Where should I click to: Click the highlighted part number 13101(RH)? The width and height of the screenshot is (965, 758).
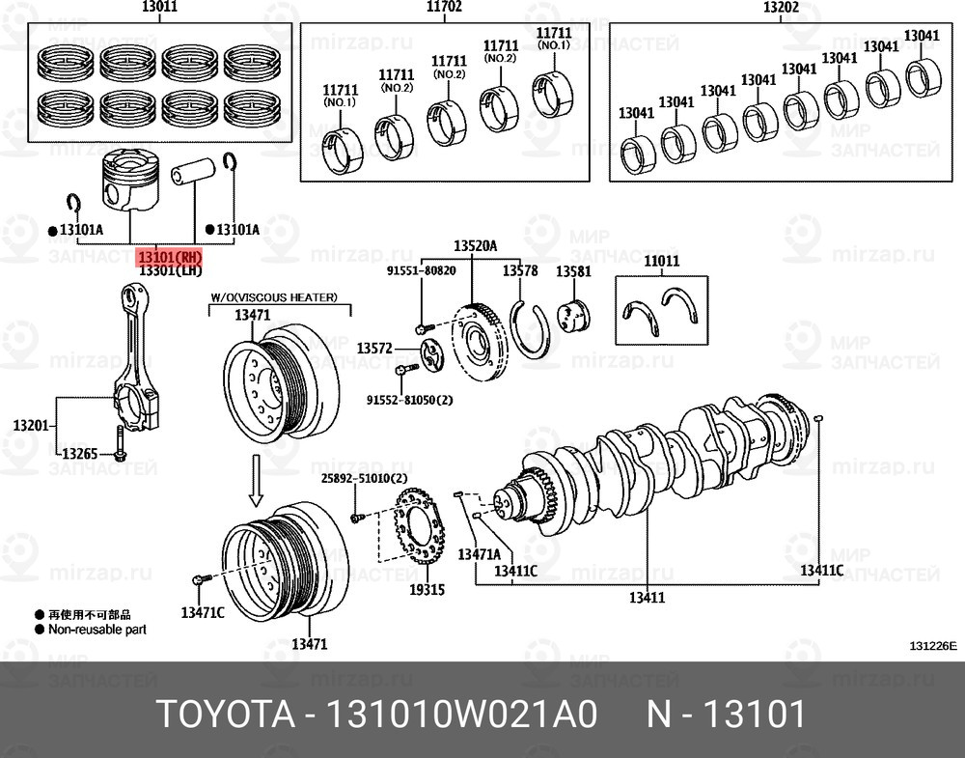coord(170,258)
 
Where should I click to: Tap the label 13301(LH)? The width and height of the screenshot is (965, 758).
coord(170,272)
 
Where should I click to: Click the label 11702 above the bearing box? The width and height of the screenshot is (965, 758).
coord(444,8)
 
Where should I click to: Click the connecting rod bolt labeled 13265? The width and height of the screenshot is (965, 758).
coord(120,445)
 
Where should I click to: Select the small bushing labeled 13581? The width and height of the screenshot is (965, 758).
coord(575,317)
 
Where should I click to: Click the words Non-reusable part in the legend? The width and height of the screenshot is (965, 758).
coord(96,629)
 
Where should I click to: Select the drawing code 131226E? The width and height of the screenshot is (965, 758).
coord(931,646)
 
